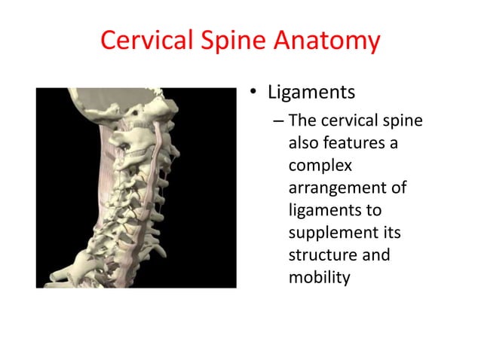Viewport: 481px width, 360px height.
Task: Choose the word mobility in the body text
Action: click(x=320, y=277)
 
